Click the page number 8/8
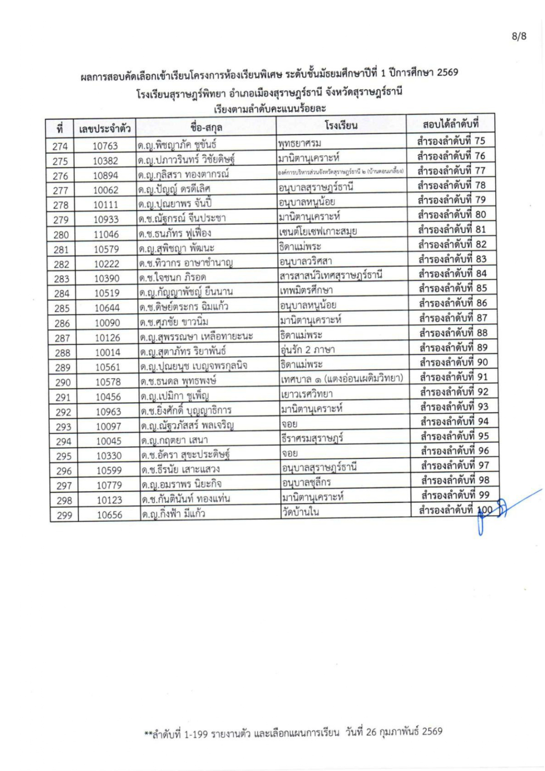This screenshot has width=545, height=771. [519, 36]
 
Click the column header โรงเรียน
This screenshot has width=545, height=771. [341, 126]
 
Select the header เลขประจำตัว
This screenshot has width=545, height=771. [105, 129]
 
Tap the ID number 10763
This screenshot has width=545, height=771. [105, 146]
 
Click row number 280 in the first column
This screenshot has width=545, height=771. [61, 235]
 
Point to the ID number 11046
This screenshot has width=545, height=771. [106, 234]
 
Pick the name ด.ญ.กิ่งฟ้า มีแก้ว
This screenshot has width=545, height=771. [173, 514]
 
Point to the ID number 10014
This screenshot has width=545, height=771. [107, 352]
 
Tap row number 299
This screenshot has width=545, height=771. [65, 515]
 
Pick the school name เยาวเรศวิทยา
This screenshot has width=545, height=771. [307, 394]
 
